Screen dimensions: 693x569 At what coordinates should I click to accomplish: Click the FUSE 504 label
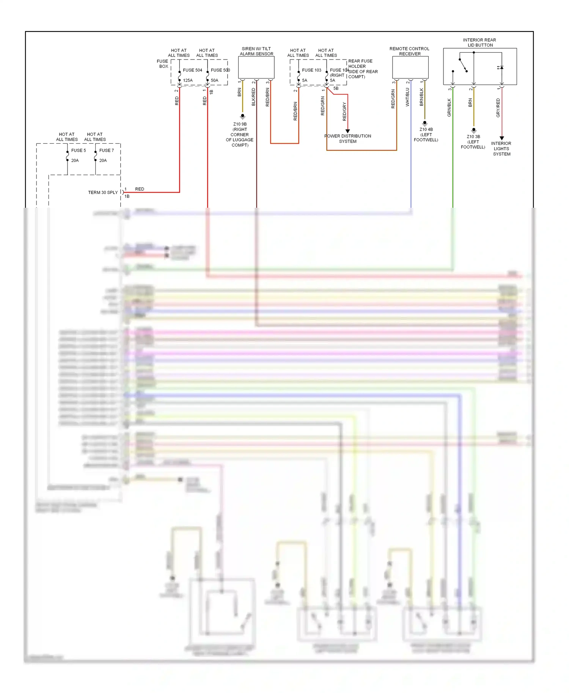[x=192, y=70]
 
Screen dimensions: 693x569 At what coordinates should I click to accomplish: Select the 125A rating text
[x=188, y=80]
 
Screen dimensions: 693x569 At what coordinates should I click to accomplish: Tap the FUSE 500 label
[x=220, y=70]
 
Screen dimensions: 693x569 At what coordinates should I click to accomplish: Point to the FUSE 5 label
[x=79, y=151]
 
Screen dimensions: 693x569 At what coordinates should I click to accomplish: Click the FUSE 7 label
[x=107, y=151]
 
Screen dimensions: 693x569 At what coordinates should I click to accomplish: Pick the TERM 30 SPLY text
[x=103, y=193]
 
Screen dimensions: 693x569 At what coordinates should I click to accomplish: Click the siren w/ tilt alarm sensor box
[x=256, y=67]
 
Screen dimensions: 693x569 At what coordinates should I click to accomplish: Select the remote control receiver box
[x=410, y=67]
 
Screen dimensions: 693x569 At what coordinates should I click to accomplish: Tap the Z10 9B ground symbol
[x=242, y=116]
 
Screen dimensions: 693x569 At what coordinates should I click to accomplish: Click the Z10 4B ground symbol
[x=425, y=123]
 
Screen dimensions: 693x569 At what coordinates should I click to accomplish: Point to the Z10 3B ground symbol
[x=473, y=130]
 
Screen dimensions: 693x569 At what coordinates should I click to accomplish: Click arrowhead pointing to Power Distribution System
[x=347, y=131]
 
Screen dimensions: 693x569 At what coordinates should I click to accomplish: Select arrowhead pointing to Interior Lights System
[x=501, y=138]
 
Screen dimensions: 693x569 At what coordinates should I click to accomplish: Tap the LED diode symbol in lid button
[x=501, y=67]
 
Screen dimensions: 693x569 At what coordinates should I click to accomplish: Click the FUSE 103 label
[x=311, y=70]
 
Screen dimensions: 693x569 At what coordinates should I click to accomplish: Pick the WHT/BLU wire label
[x=408, y=97]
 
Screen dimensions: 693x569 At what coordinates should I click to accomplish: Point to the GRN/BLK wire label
[x=449, y=107]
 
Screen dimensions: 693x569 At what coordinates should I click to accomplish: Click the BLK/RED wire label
[x=253, y=97]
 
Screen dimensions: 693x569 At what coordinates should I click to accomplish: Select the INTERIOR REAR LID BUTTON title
[x=479, y=42]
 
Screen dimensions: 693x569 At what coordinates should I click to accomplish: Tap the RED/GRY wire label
[x=344, y=111]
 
